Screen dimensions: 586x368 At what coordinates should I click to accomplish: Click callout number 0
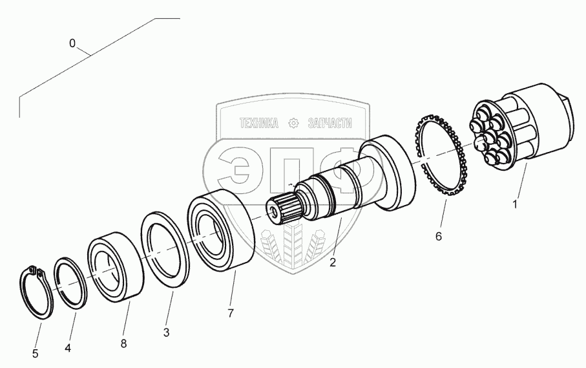[72, 43]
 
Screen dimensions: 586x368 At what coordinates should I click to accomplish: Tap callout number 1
[515, 205]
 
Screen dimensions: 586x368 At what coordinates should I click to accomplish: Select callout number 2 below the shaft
[332, 263]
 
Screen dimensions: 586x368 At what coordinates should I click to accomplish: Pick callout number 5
[36, 354]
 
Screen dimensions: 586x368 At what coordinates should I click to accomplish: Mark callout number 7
[231, 313]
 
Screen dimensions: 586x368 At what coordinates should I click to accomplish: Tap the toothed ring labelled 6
[442, 155]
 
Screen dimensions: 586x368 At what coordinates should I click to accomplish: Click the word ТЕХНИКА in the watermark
[258, 123]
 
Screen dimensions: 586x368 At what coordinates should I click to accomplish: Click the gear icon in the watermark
[294, 123]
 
